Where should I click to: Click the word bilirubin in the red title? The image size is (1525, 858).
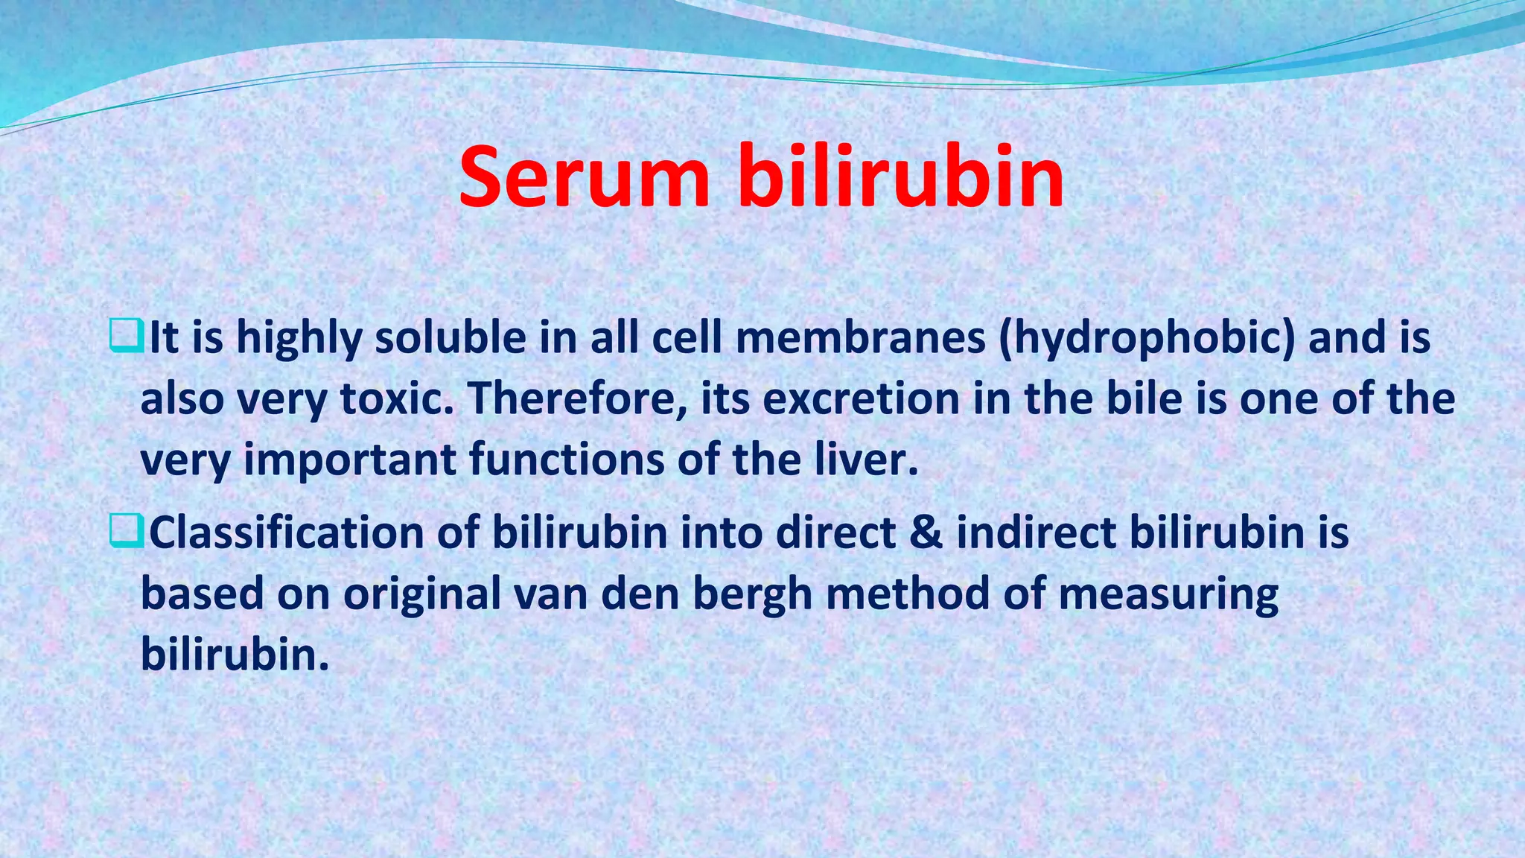[x=901, y=179]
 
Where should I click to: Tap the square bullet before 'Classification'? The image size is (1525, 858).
[x=125, y=532]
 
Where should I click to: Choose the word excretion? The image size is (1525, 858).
[x=862, y=399]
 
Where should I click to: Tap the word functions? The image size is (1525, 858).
[x=567, y=460]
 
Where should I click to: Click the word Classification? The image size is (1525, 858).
[x=287, y=533]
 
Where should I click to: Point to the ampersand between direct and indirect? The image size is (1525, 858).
[x=926, y=533]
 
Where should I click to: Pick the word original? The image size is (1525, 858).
[x=422, y=595]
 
